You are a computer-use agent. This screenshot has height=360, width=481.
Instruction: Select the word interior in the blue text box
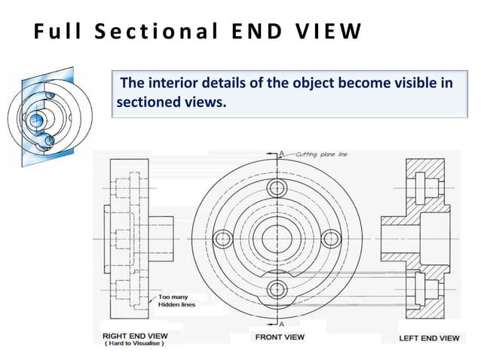coord(178,82)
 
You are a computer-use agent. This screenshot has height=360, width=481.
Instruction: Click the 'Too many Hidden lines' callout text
coord(176,301)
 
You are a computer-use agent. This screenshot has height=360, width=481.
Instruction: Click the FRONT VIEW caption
coord(280,337)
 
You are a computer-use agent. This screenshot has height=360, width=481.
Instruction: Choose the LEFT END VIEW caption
coord(428,338)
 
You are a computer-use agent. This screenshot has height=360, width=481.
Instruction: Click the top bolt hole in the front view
coord(277,188)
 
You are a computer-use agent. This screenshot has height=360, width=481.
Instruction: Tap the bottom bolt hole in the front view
coord(277,288)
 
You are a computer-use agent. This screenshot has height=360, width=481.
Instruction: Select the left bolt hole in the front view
coord(222,239)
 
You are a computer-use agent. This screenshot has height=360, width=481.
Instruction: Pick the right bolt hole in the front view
coord(332,239)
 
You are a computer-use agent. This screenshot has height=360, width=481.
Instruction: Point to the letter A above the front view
coord(281,154)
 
